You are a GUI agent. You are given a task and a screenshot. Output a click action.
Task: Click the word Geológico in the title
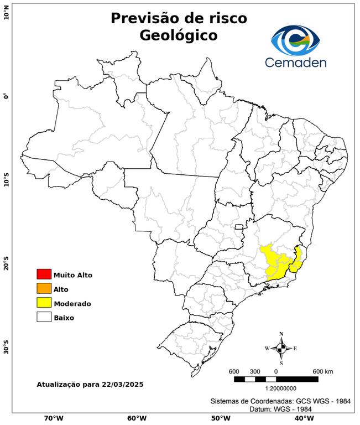[179, 35]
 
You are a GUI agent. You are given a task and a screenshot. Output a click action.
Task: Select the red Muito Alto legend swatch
[44, 274]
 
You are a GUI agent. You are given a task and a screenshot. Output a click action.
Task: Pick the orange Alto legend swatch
[44, 289]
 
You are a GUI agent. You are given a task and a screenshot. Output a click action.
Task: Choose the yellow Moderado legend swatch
[44, 303]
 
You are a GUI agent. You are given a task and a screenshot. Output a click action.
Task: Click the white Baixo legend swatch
[44, 318]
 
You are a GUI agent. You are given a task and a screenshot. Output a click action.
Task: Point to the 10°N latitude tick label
[6, 12]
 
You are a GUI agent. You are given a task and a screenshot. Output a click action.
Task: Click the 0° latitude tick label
[6, 96]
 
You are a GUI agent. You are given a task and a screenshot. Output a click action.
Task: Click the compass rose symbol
[281, 348]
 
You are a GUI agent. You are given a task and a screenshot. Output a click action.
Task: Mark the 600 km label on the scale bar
[323, 371]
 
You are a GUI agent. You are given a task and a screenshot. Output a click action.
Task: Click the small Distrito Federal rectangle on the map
[239, 226]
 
